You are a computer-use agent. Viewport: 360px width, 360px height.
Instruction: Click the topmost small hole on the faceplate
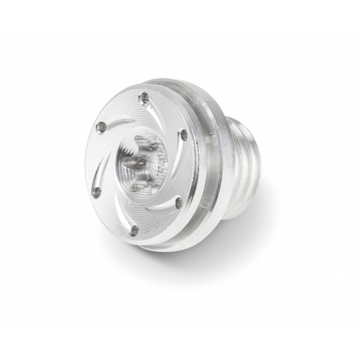(144, 98)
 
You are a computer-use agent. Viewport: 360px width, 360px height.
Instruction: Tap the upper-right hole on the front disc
(183, 134)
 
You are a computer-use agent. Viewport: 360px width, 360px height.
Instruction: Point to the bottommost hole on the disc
(134, 229)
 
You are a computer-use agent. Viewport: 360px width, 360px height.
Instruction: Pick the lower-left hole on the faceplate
(96, 192)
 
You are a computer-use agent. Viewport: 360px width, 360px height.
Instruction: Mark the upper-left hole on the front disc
(101, 127)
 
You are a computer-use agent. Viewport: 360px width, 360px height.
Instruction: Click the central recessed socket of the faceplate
(141, 164)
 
